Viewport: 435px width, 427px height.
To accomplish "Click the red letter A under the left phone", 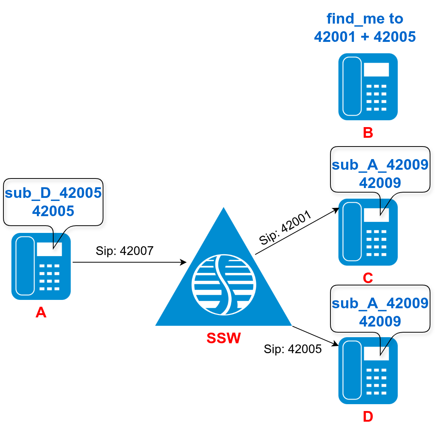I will [41, 312].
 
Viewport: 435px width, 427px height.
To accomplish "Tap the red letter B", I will [368, 132].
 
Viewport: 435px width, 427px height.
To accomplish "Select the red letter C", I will [368, 278].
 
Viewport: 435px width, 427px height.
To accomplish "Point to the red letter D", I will [368, 416].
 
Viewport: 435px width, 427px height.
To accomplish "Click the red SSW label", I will [224, 338].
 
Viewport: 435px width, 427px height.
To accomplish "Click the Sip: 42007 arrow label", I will [124, 251].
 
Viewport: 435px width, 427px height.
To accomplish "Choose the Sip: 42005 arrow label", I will [293, 349].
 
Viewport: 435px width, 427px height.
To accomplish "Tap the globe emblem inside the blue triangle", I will [224, 285].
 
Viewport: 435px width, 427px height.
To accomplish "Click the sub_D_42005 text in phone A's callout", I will [53, 193].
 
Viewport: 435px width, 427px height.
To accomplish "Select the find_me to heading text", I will [365, 19].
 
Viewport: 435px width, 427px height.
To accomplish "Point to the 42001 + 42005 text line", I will [365, 37].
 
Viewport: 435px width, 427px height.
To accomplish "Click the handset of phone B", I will [352, 86].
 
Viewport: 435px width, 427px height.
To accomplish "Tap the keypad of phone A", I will [49, 277].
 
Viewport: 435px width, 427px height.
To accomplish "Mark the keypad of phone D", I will [376, 381].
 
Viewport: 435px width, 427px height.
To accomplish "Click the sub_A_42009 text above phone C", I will [380, 165].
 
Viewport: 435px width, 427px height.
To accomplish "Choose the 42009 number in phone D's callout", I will [380, 322].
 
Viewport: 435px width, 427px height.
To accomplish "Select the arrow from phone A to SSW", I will [129, 262].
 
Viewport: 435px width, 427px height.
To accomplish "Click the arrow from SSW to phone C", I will [297, 231].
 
